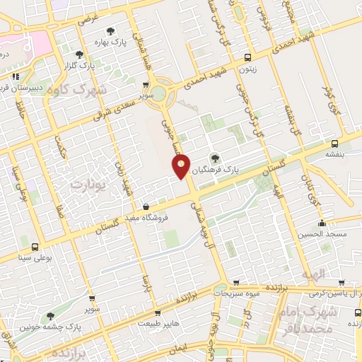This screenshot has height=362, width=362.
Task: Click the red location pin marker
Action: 182,166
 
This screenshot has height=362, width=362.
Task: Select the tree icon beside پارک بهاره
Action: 110,30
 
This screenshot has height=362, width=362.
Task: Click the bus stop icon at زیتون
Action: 247,57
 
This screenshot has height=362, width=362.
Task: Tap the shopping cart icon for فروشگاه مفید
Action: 146,206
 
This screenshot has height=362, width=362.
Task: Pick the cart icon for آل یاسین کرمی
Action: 341,281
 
